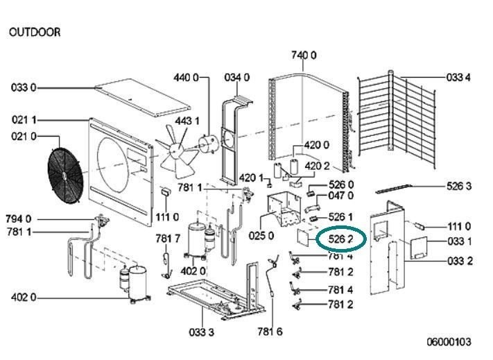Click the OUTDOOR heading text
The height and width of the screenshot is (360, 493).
(35, 32)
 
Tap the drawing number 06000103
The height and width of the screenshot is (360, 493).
(449, 342)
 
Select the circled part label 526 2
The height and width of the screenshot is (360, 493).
(340, 239)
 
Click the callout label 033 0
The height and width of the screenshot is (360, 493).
(24, 87)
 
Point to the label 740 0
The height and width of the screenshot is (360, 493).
(304, 55)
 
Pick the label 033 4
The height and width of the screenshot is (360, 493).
(458, 78)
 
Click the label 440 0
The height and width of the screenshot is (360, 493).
(186, 78)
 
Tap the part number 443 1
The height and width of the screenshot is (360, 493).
(187, 121)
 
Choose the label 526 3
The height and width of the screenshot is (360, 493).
(459, 186)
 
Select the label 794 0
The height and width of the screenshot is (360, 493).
(19, 218)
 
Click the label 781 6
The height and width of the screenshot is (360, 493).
(270, 332)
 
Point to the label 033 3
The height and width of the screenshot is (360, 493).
(202, 332)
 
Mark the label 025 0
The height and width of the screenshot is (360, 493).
(261, 235)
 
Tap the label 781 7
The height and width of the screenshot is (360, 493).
(168, 239)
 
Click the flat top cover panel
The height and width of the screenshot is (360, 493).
(143, 98)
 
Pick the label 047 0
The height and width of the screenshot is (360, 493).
(341, 196)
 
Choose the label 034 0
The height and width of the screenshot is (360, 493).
(237, 78)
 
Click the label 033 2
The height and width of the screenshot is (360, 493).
(460, 261)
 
